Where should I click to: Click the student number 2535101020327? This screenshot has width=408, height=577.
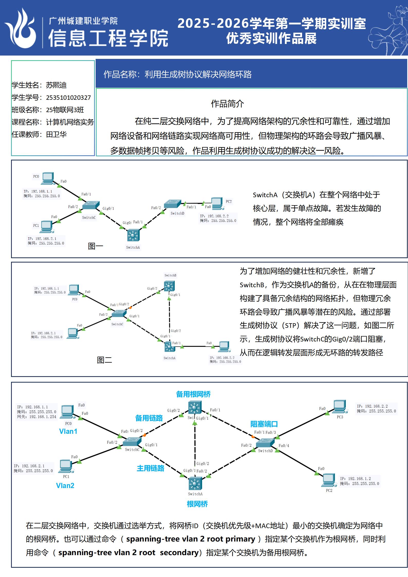point(68,98)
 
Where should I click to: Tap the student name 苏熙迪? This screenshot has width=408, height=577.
point(56,85)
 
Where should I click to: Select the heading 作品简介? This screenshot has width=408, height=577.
point(227,104)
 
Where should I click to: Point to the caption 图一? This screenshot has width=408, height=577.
point(95,246)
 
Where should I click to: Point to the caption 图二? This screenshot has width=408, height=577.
point(104,360)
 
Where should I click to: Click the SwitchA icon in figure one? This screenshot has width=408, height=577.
point(133,235)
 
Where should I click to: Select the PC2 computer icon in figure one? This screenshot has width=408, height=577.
point(217,203)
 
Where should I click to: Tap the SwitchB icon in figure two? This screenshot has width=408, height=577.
point(169,286)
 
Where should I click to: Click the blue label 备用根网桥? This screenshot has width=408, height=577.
point(193,394)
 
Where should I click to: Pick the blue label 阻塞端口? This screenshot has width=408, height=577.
point(264,424)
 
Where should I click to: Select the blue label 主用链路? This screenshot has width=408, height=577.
point(150,468)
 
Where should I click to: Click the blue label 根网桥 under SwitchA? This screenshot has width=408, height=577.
point(197,504)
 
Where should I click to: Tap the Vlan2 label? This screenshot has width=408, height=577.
point(65,485)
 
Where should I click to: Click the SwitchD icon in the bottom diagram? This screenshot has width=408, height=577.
point(265,443)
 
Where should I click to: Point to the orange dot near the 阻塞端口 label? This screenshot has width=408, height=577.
point(253,437)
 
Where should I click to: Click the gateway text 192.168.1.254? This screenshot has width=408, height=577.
point(43,417)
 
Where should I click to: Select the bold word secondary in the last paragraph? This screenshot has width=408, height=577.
point(179,552)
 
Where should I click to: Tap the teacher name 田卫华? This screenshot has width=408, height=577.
point(56,134)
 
